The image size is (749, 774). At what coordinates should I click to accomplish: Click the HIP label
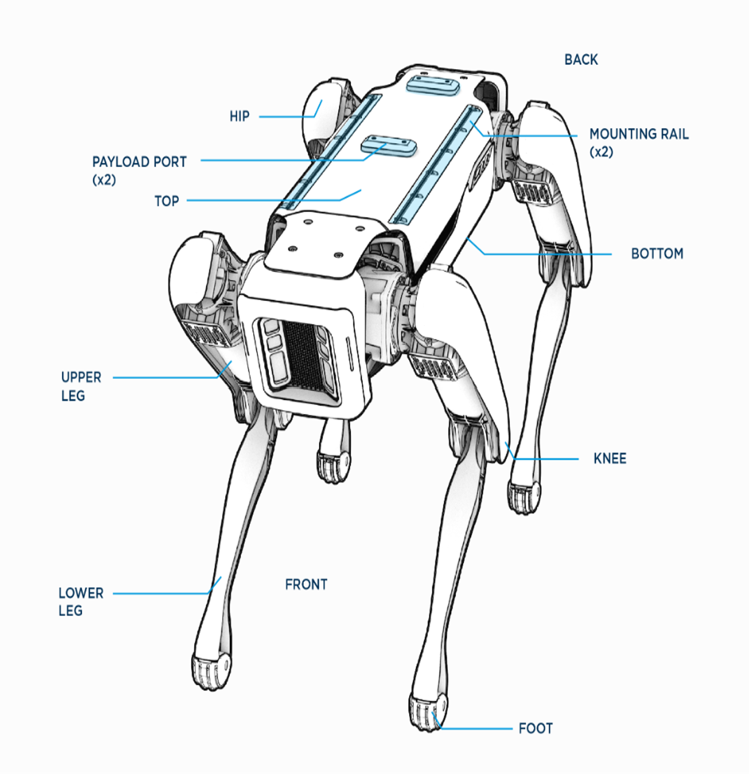[239, 117]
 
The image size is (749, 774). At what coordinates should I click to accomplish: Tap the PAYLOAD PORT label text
[139, 162]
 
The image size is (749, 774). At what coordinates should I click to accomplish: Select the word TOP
[167, 201]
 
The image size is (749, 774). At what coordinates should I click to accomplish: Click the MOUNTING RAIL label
[639, 135]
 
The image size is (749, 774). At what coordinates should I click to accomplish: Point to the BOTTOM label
[657, 254]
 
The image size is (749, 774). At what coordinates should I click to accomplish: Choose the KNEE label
[609, 459]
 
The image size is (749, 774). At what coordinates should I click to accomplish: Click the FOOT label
[536, 729]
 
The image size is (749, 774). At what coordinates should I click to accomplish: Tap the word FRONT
[306, 584]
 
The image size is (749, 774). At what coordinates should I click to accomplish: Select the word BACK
[581, 60]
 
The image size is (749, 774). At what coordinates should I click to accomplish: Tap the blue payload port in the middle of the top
[389, 145]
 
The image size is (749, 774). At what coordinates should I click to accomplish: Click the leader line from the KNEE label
[548, 459]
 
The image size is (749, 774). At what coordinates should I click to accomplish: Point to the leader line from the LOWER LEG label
[159, 593]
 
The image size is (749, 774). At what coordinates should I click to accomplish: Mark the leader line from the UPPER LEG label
[164, 378]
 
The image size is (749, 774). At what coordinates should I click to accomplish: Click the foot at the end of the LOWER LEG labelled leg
[211, 669]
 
